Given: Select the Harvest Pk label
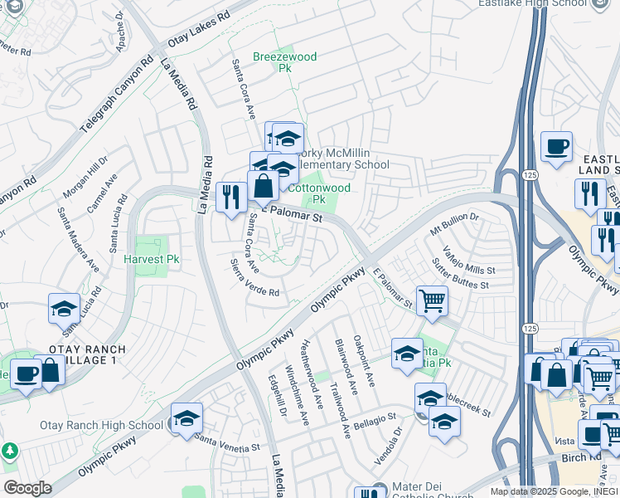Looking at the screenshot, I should [x=152, y=259].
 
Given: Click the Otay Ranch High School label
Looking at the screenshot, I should [x=102, y=426].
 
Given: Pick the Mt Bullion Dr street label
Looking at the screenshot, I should [x=455, y=223].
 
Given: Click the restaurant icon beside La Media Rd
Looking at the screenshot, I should [x=230, y=197].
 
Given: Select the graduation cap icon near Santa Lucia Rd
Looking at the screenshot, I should [x=64, y=308].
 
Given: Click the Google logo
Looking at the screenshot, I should [x=27, y=488].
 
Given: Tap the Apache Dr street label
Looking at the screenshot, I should [x=121, y=32].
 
